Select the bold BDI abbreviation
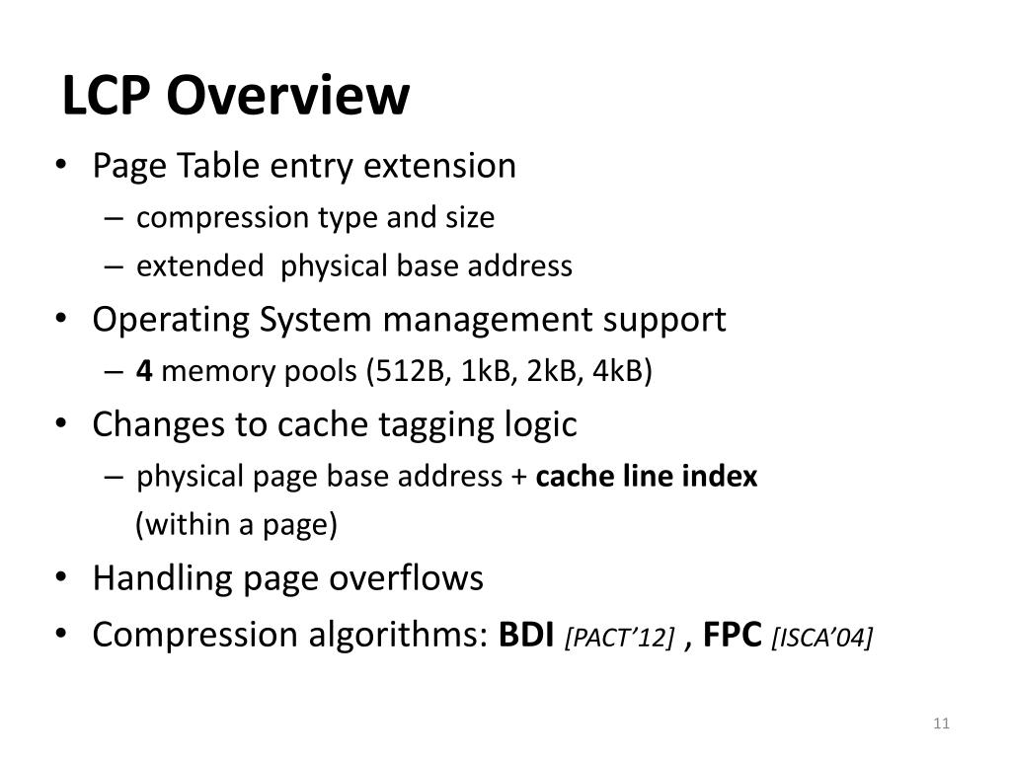tap(527, 635)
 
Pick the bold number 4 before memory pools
tap(144, 372)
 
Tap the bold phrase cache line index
tap(647, 477)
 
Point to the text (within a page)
tap(237, 525)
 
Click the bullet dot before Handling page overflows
tap(62, 578)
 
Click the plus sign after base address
tap(519, 478)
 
